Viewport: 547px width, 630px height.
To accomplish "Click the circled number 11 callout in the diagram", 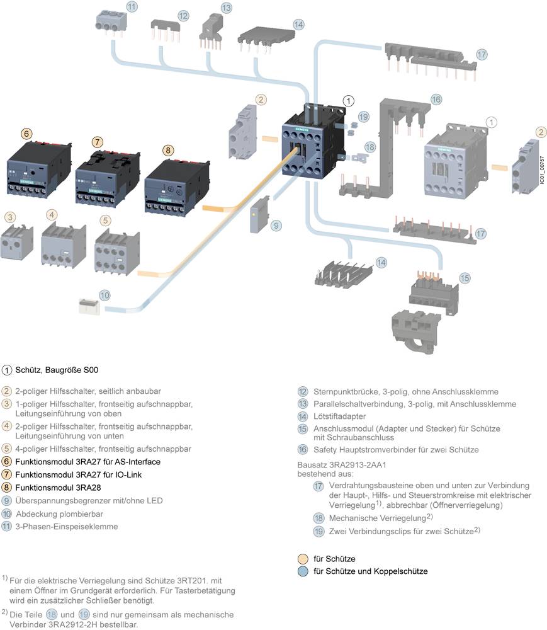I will (x=132, y=8).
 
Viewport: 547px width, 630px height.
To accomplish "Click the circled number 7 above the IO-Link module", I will (x=97, y=140).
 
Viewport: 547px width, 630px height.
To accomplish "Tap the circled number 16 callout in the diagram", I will (x=436, y=100).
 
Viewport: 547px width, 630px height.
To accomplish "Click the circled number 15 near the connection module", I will (x=465, y=278).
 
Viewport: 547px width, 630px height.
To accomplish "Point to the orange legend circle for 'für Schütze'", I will (x=304, y=559).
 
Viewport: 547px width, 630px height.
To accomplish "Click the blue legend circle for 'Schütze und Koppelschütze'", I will (x=304, y=571).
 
